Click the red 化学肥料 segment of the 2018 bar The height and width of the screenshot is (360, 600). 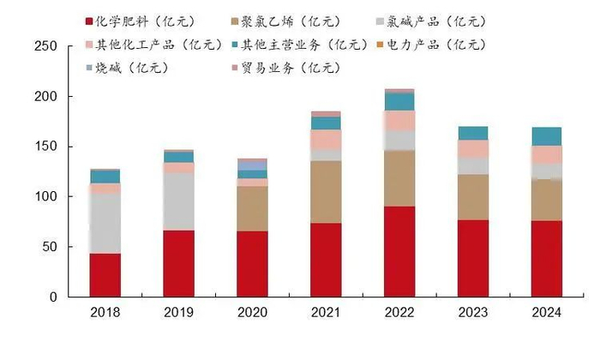pos(105,274)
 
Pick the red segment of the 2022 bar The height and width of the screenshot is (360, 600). pos(399,251)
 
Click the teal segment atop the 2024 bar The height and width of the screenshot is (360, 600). pos(547,136)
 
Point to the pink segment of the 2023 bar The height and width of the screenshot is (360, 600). pos(473,148)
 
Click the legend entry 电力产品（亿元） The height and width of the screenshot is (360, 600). pos(445,44)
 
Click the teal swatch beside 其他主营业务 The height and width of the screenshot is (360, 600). pos(234,44)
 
